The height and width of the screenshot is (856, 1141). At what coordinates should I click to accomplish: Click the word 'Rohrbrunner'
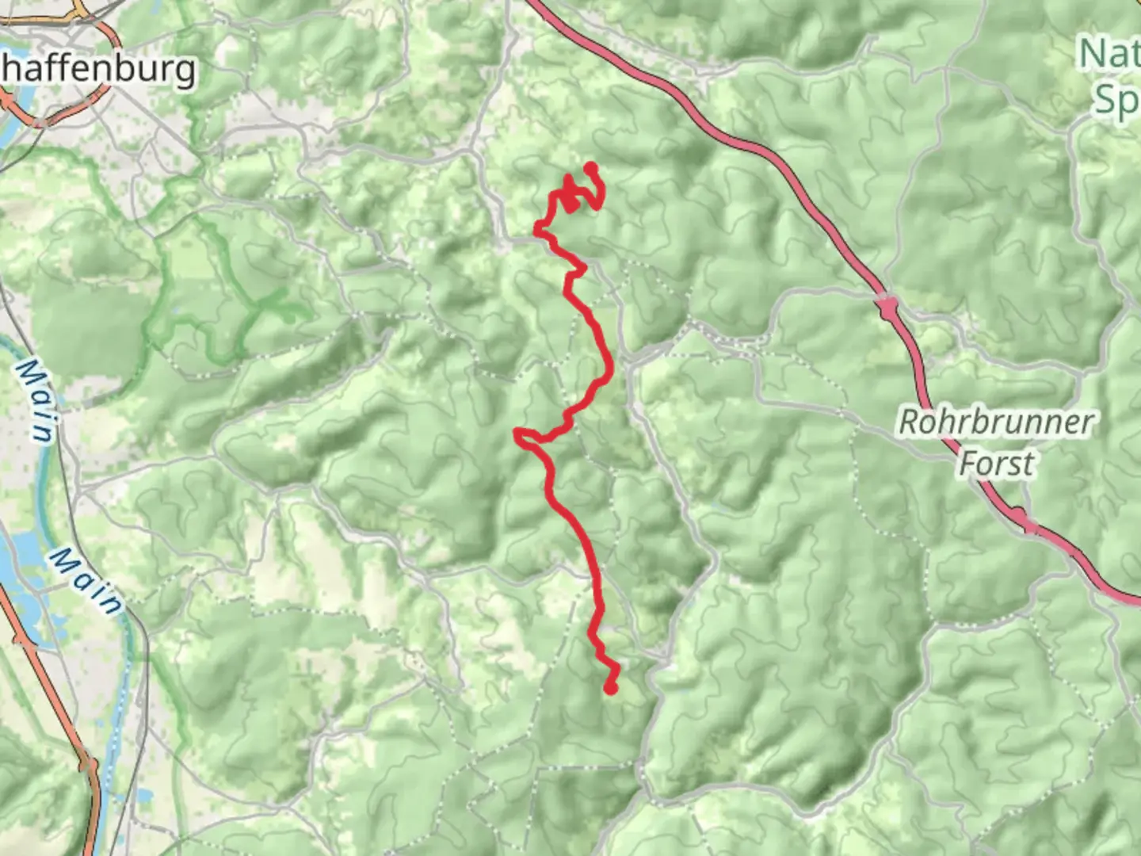pos(995,422)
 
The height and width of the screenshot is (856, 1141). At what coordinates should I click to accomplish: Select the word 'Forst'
pos(996,464)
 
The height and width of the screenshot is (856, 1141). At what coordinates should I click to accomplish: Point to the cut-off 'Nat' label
pos(1109,54)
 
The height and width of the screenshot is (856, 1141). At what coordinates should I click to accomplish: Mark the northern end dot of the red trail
pos(590,167)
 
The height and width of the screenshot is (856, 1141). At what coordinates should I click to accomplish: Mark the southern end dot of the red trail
pos(610,689)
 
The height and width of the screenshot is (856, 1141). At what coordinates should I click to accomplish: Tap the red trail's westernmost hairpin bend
pos(518,433)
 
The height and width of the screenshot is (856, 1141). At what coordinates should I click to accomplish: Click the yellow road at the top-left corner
pos(79,10)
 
